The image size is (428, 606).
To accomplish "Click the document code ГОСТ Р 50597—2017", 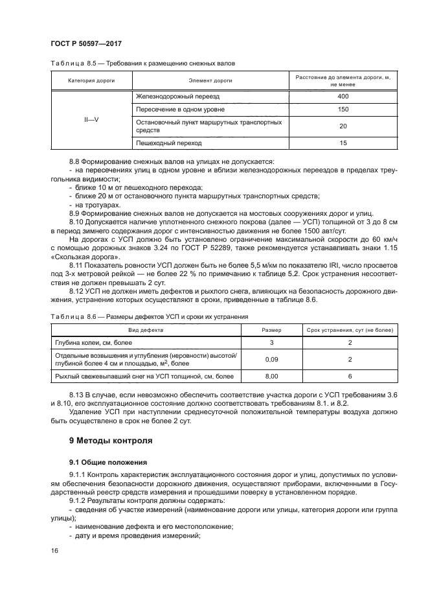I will (86, 43).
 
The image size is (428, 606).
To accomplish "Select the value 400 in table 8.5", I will (343, 97).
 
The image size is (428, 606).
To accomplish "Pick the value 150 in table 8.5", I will (343, 109).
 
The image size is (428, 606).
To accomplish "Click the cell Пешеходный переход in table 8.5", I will (168, 143).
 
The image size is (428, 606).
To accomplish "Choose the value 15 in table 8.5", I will (343, 143).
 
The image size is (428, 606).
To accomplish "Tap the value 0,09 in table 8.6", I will (272, 359).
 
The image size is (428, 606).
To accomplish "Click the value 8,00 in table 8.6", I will (272, 376).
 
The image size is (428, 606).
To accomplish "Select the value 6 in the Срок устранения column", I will (350, 376).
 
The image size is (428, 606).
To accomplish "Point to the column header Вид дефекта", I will (146, 330).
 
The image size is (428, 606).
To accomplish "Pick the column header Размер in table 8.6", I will (272, 330).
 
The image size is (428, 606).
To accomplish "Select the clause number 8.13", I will (78, 395).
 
